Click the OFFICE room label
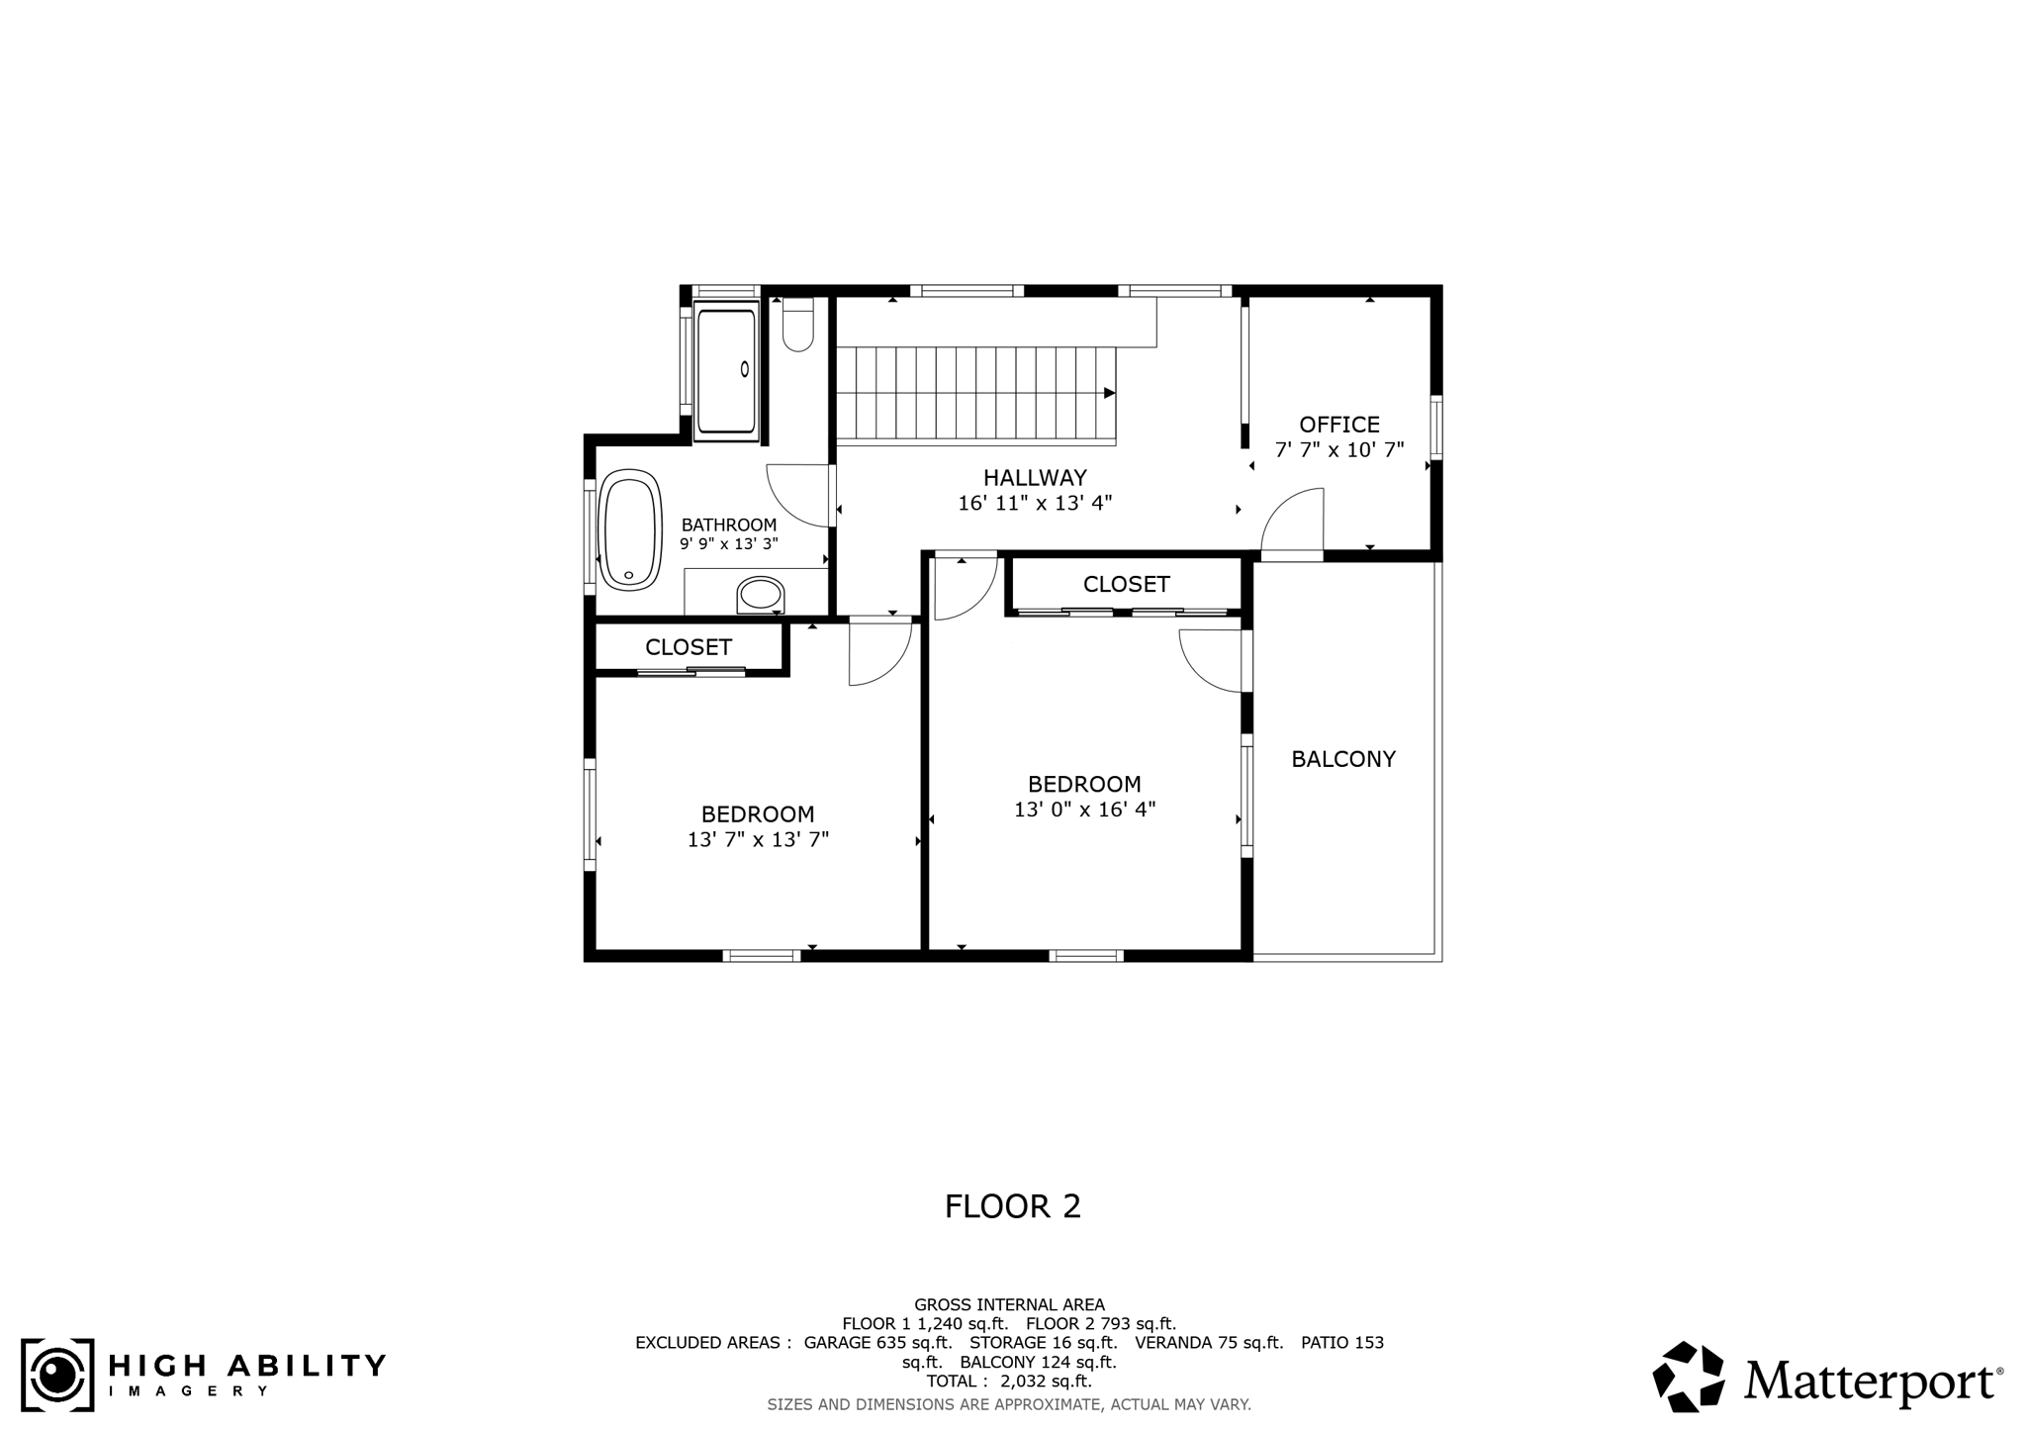click(x=1338, y=425)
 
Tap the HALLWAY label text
click(x=1035, y=478)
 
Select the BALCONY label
click(x=1342, y=759)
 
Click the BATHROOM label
click(x=729, y=525)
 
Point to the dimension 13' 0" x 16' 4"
click(x=1084, y=810)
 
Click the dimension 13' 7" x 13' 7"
click(x=758, y=840)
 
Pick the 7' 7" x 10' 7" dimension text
click(x=1338, y=450)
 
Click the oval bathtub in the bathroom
click(x=631, y=530)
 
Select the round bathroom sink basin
click(x=760, y=595)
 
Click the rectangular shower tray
click(x=726, y=371)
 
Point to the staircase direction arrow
click(x=1109, y=393)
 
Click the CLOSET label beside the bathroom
click(x=689, y=647)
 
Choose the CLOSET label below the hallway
click(x=1126, y=585)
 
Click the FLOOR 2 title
click(x=1012, y=1206)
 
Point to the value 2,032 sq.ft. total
click(x=1046, y=1382)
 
